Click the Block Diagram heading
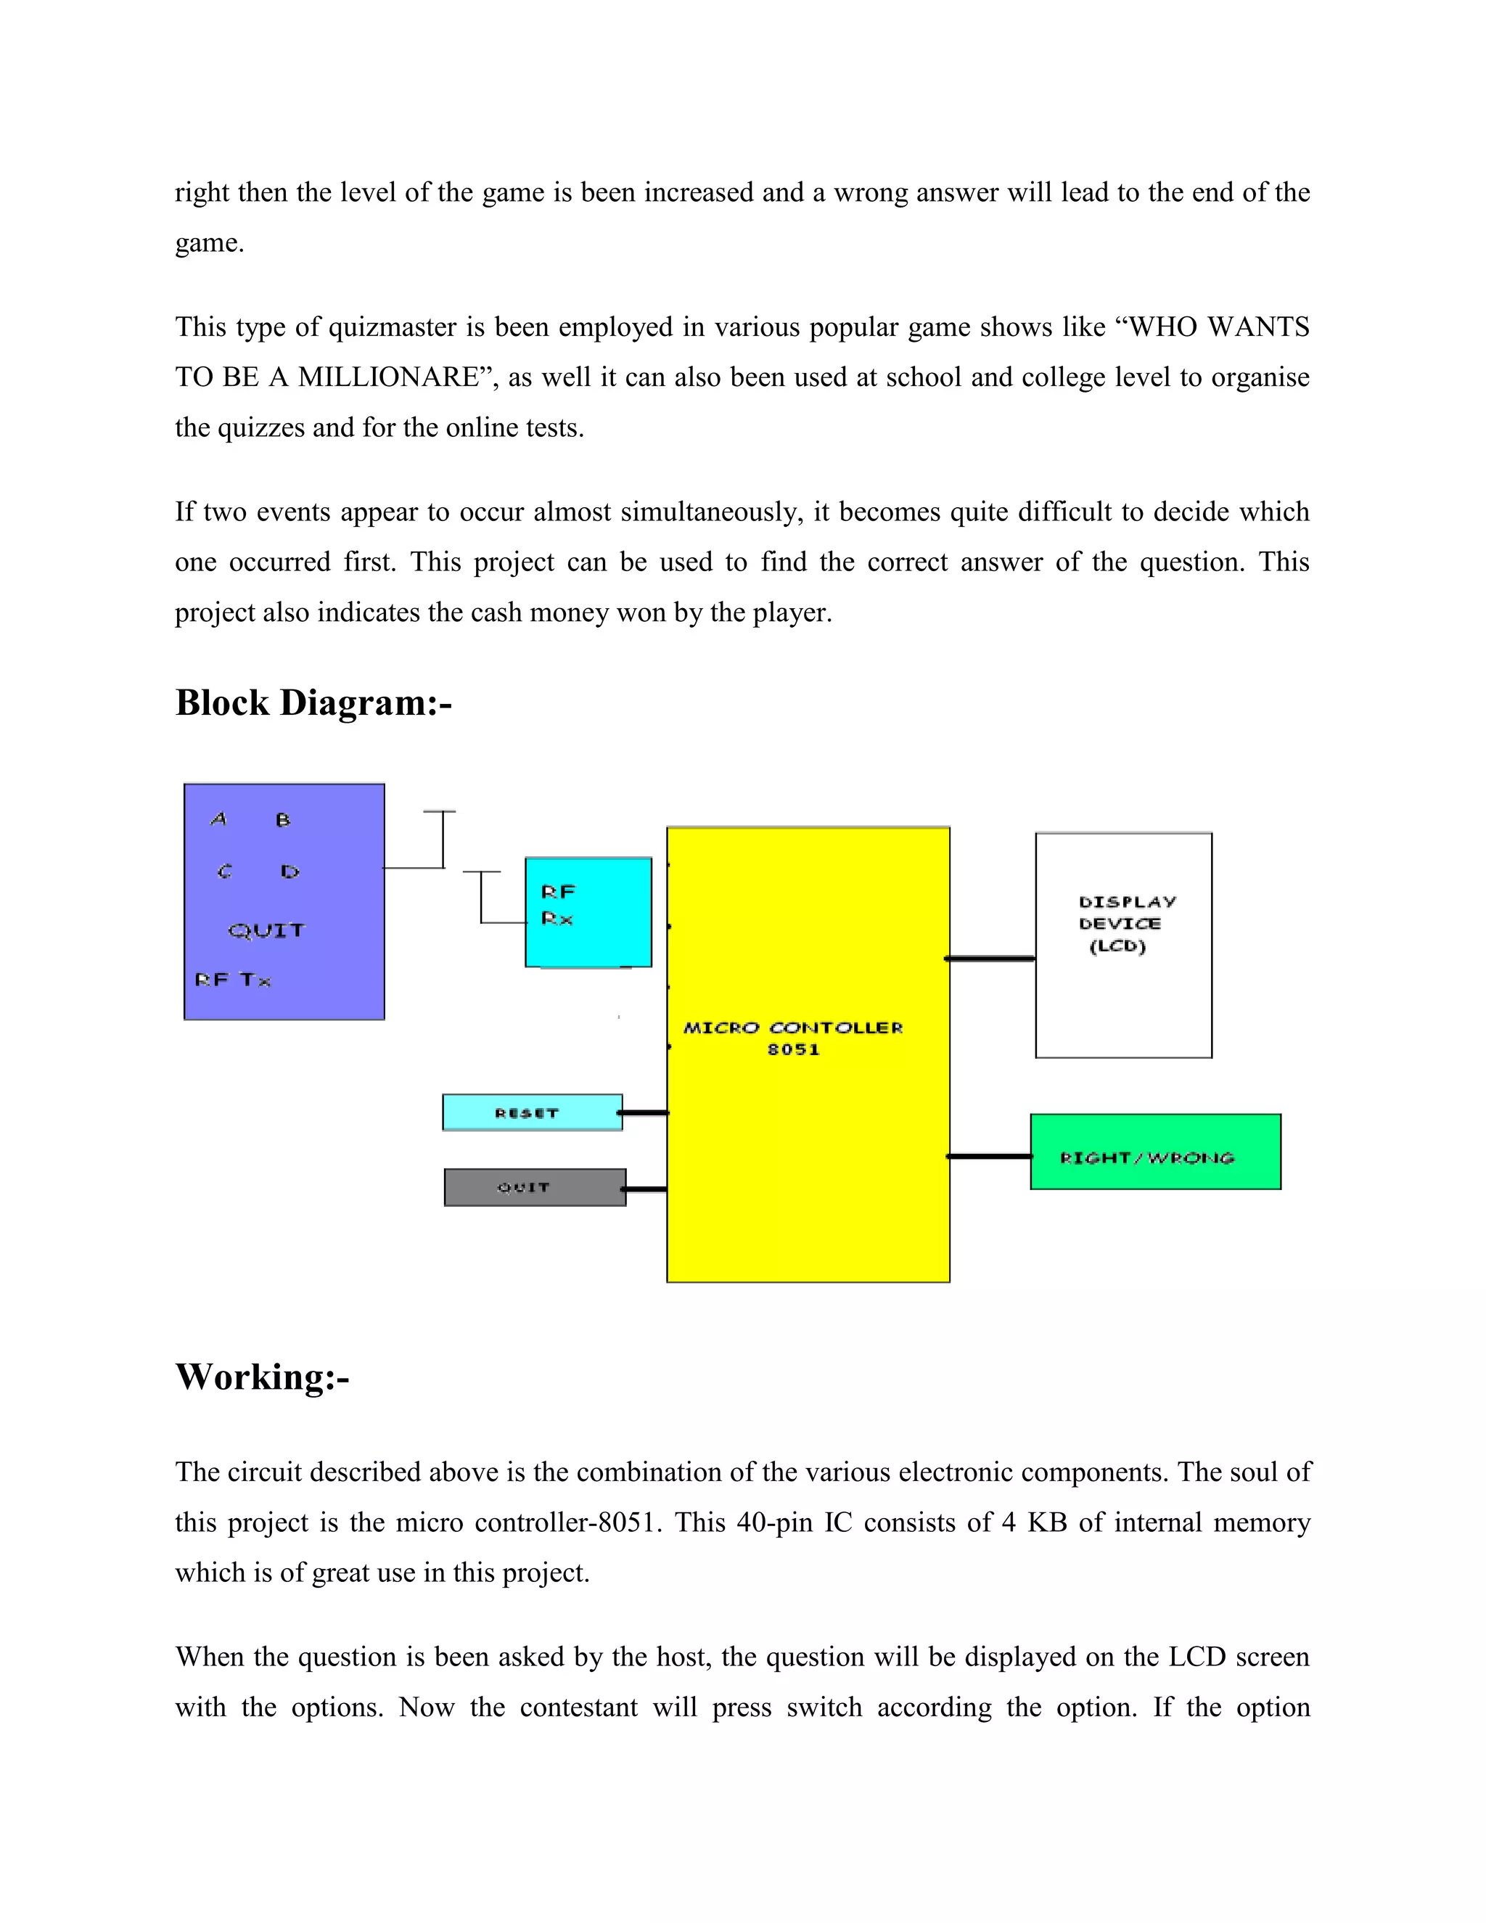[313, 703]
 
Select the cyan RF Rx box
[588, 912]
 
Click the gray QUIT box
[534, 1188]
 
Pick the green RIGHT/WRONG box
[1155, 1152]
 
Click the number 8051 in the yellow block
[793, 1049]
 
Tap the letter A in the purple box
[219, 820]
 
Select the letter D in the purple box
[290, 872]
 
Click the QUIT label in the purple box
[266, 931]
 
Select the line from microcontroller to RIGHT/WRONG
[990, 1156]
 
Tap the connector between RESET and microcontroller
[644, 1113]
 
